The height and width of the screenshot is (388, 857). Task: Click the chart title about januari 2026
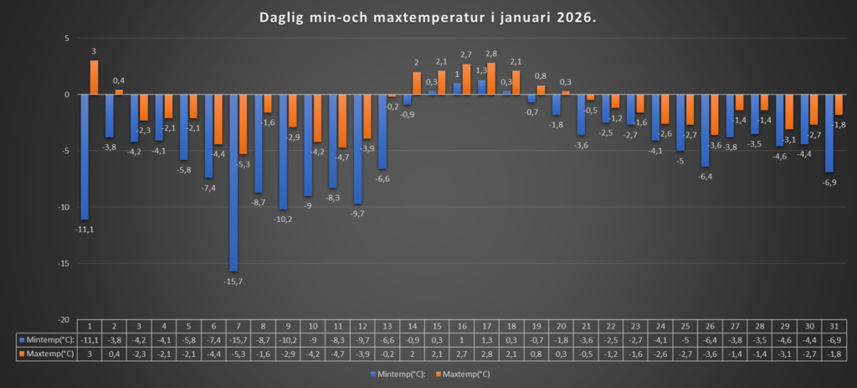[x=428, y=18]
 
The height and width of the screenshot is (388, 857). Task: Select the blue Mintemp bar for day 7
[x=233, y=182]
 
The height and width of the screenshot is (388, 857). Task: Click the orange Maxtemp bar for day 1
[x=95, y=77]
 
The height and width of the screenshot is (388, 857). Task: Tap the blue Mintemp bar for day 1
[x=85, y=156]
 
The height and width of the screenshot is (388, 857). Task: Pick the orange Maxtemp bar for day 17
[x=491, y=79]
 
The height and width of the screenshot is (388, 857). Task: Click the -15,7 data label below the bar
[x=233, y=281]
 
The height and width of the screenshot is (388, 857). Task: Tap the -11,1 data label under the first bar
[x=85, y=229]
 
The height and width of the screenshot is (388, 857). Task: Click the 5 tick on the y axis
[x=66, y=39]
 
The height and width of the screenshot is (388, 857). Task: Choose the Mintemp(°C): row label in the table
[x=47, y=340]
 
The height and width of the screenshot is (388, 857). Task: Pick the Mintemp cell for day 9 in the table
[x=288, y=340]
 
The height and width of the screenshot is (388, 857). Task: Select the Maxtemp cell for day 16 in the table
[x=462, y=354]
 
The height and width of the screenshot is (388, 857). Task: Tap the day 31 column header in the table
[x=834, y=326]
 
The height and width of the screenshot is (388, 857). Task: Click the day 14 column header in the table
[x=412, y=326]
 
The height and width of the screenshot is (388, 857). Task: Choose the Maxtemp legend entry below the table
[x=463, y=373]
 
